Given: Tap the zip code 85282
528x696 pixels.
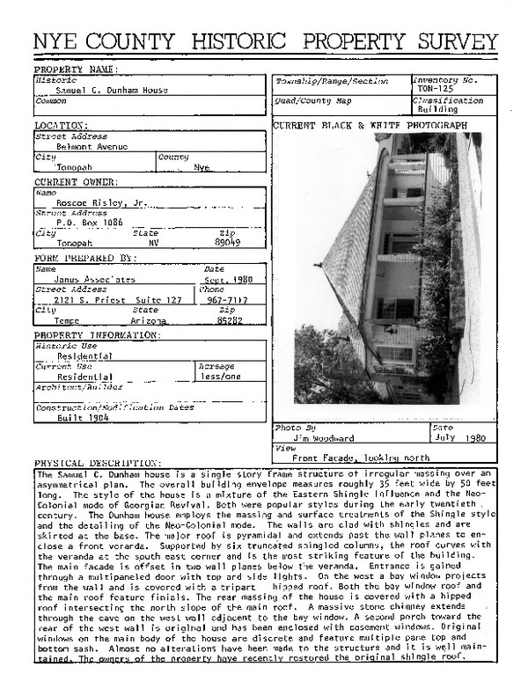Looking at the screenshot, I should (228, 322).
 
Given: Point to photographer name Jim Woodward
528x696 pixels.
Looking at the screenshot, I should (324, 436).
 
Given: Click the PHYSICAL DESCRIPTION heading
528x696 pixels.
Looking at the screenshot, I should (98, 463).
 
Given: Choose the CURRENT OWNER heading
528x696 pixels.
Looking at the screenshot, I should (75, 181).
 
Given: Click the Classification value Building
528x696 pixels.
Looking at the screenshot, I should (437, 110).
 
